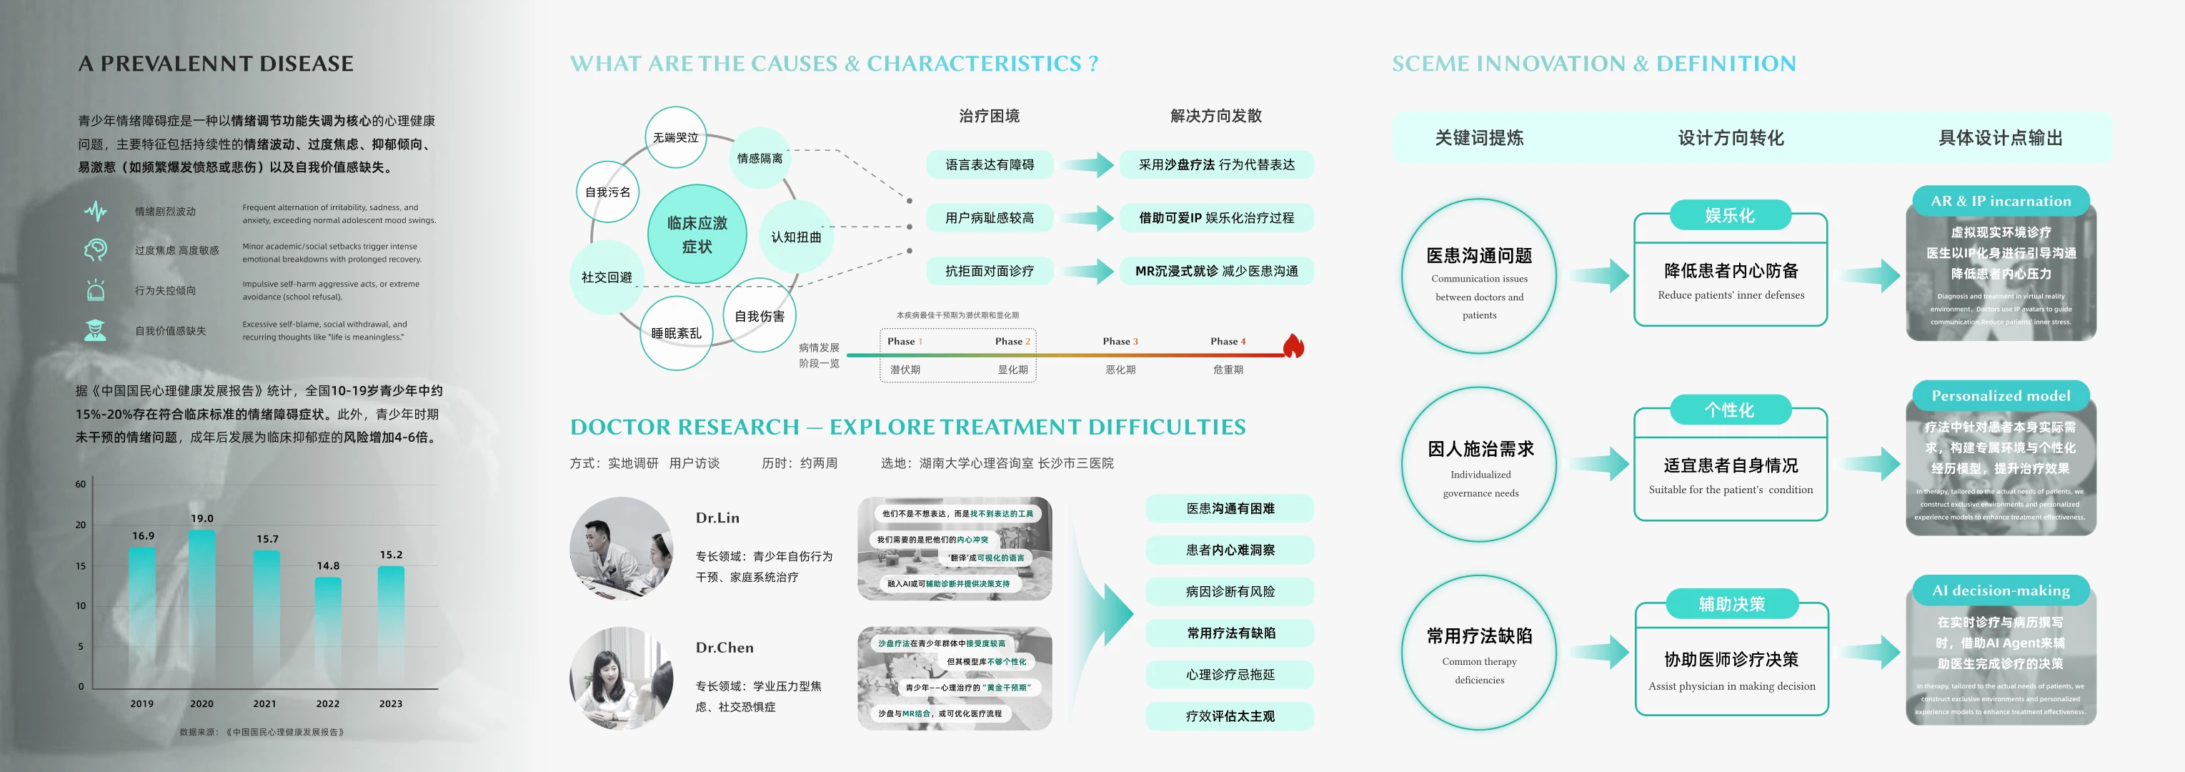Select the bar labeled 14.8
[327, 632]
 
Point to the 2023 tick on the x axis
[390, 703]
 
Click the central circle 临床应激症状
[697, 234]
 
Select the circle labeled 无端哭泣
[675, 137]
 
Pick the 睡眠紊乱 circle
[676, 333]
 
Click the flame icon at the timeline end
[1293, 345]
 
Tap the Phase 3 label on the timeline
[1120, 341]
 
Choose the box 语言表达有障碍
[989, 164]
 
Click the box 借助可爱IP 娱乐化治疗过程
[1216, 218]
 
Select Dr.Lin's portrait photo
[622, 548]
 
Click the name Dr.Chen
[725, 648]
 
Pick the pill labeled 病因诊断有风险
[1229, 591]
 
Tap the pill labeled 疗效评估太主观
[1229, 716]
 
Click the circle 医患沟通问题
[1478, 276]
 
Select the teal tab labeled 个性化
[1730, 410]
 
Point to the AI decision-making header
[2000, 590]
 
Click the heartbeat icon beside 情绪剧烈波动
[96, 212]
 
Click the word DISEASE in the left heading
[307, 64]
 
